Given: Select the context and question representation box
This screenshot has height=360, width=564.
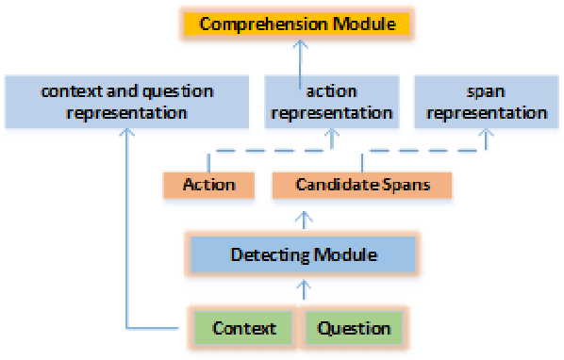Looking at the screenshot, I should coord(127,103).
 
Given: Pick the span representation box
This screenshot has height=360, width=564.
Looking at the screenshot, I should coord(487,103).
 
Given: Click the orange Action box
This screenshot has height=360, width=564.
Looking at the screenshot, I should coord(209,185).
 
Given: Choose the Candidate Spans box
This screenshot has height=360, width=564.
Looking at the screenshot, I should coord(362,185).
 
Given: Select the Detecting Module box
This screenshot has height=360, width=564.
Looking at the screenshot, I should coord(302,254).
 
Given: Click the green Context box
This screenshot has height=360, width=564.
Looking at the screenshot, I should coord(244,328).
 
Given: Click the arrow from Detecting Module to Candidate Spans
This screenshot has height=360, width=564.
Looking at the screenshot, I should coord(302,219).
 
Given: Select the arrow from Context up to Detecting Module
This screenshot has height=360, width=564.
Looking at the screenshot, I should coord(302,289).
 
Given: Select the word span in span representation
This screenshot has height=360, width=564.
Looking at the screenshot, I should coord(487,92).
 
